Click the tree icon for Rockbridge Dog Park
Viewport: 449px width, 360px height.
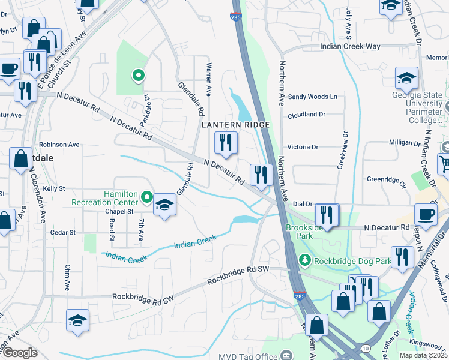[306, 259]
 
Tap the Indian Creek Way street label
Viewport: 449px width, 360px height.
[351, 46]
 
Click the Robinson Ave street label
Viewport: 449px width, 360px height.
[59, 145]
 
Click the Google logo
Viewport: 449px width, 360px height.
[20, 353]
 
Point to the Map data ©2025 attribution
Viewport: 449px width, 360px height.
[423, 355]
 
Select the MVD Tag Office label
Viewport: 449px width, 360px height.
[254, 354]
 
